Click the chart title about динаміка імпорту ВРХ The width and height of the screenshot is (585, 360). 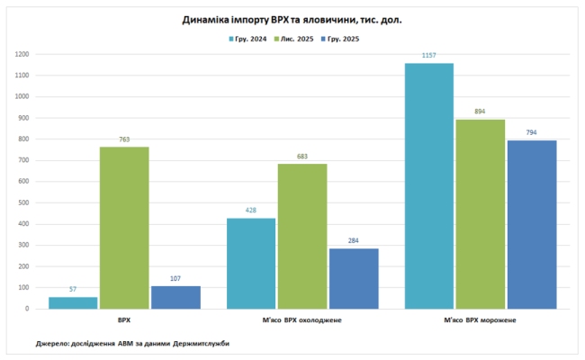tap(292, 18)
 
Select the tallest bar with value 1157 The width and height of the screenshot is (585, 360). tap(429, 185)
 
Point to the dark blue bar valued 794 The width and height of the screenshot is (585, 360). tap(531, 224)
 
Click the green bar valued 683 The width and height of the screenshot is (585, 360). tap(302, 236)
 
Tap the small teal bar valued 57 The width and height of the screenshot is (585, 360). tap(73, 302)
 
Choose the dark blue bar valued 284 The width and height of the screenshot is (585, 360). tap(354, 278)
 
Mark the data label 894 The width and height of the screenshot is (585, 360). tap(480, 112)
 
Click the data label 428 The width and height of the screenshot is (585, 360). tap(251, 211)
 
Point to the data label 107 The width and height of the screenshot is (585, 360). tap(175, 279)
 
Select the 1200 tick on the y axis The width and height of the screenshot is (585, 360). tap(22, 54)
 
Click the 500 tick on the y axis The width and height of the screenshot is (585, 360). tap(24, 202)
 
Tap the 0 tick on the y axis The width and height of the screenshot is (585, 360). tap(28, 309)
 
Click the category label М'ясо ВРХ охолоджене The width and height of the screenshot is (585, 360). tap(302, 320)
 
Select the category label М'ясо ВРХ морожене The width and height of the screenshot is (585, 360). tap(480, 320)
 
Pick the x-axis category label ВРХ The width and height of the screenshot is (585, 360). tap(124, 320)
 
